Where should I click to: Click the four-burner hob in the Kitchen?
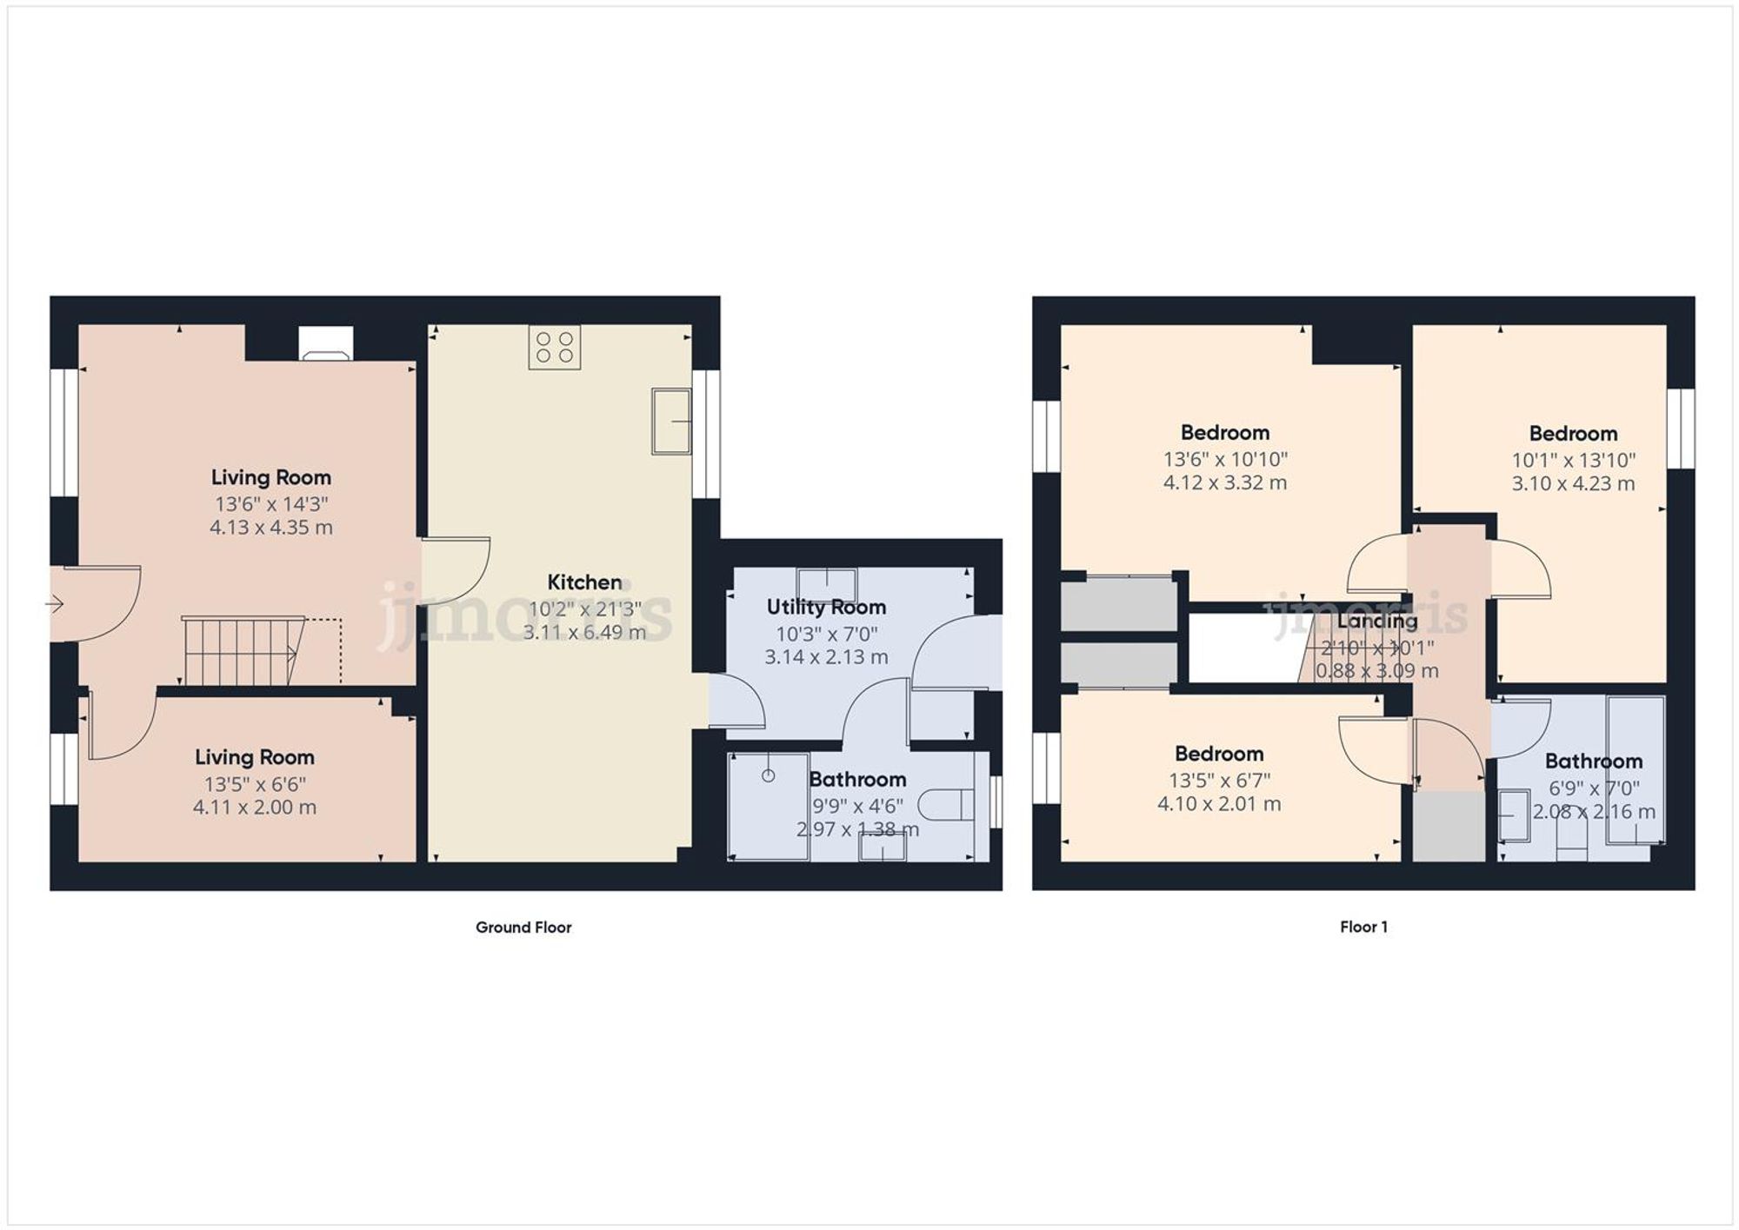pyautogui.click(x=554, y=347)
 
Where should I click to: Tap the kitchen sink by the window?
pyautogui.click(x=671, y=422)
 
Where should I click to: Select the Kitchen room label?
pyautogui.click(x=584, y=582)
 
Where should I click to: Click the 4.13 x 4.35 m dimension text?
pyautogui.click(x=271, y=528)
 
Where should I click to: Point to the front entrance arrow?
pyautogui.click(x=55, y=603)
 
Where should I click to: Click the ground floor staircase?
pyautogui.click(x=242, y=651)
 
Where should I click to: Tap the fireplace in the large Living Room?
pyautogui.click(x=325, y=343)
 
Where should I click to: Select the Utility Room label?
pyautogui.click(x=826, y=607)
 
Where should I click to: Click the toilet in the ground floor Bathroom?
pyautogui.click(x=947, y=803)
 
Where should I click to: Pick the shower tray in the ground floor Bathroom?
pyautogui.click(x=768, y=807)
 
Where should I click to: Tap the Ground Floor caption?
pyautogui.click(x=523, y=927)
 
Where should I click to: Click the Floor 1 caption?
pyautogui.click(x=1363, y=927)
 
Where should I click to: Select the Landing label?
pyautogui.click(x=1376, y=622)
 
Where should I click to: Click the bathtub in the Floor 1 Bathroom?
pyautogui.click(x=1636, y=769)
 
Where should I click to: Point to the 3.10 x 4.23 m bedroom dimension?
pyautogui.click(x=1573, y=484)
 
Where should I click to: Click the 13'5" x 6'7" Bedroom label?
pyautogui.click(x=1219, y=754)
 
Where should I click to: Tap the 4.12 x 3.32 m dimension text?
pyautogui.click(x=1225, y=483)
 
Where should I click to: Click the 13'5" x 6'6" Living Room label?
pyautogui.click(x=254, y=757)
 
